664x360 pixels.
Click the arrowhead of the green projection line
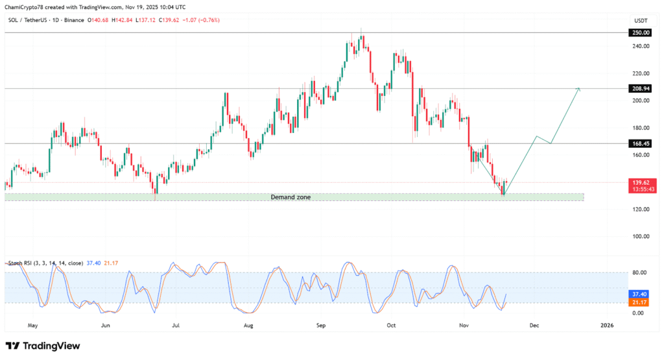click(578, 89)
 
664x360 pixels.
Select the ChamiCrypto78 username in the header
click(26, 7)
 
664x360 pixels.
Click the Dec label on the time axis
click(534, 324)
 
